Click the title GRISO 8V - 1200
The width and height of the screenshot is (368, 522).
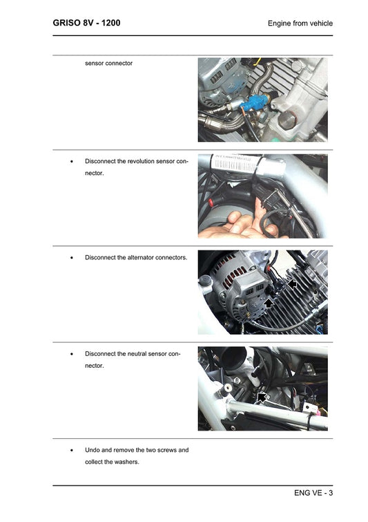[86, 23]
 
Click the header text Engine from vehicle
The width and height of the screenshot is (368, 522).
[300, 24]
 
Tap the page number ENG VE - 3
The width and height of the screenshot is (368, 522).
[313, 493]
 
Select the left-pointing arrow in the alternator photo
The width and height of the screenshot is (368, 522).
[293, 283]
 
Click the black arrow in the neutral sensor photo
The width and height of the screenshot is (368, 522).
[262, 396]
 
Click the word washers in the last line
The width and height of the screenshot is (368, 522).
[126, 462]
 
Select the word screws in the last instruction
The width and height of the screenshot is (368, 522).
[166, 449]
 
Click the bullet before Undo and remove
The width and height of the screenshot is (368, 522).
[72, 449]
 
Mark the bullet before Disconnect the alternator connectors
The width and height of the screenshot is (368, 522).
[72, 257]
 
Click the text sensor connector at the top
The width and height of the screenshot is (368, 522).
[108, 63]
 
